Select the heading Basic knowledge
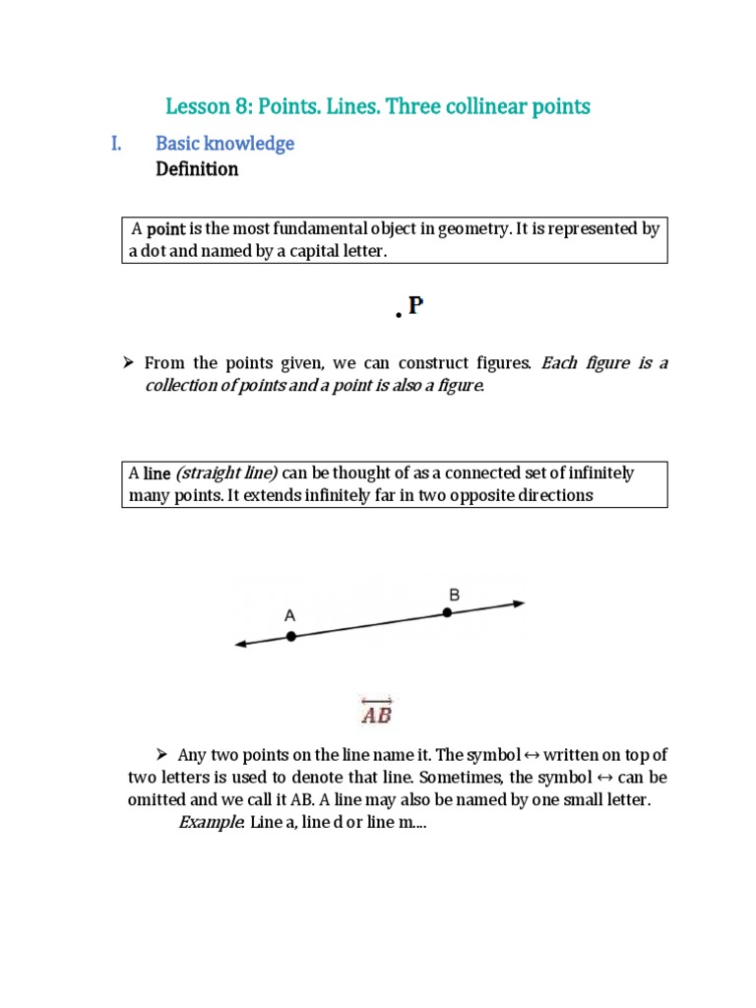pos(224,144)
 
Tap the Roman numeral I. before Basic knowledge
pos(116,144)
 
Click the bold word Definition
pos(197,169)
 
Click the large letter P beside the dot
pos(415,306)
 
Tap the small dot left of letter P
pos(399,316)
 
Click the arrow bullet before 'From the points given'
pos(128,363)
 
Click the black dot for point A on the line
pos(290,637)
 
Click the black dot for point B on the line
pos(447,612)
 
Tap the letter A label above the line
pos(289,614)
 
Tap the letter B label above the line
pos(454,594)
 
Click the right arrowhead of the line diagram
pos(519,602)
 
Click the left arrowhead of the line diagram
pos(240,645)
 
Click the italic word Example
pos(210,822)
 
